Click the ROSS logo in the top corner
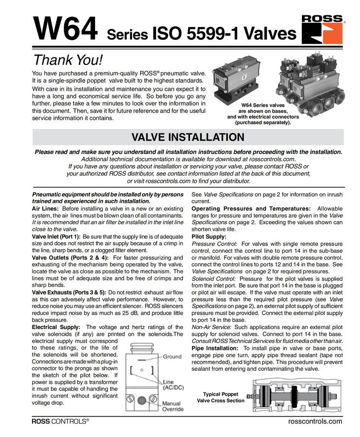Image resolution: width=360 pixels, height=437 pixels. click(x=323, y=28)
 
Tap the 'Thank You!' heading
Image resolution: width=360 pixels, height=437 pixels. click(x=68, y=60)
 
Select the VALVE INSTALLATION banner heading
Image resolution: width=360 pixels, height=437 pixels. click(x=188, y=137)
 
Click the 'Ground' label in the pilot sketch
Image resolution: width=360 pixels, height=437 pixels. click(x=172, y=356)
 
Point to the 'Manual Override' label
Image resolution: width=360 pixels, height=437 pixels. click(x=171, y=406)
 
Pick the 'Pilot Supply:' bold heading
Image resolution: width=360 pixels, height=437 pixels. click(x=209, y=236)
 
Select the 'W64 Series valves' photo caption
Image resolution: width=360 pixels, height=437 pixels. click(x=263, y=106)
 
